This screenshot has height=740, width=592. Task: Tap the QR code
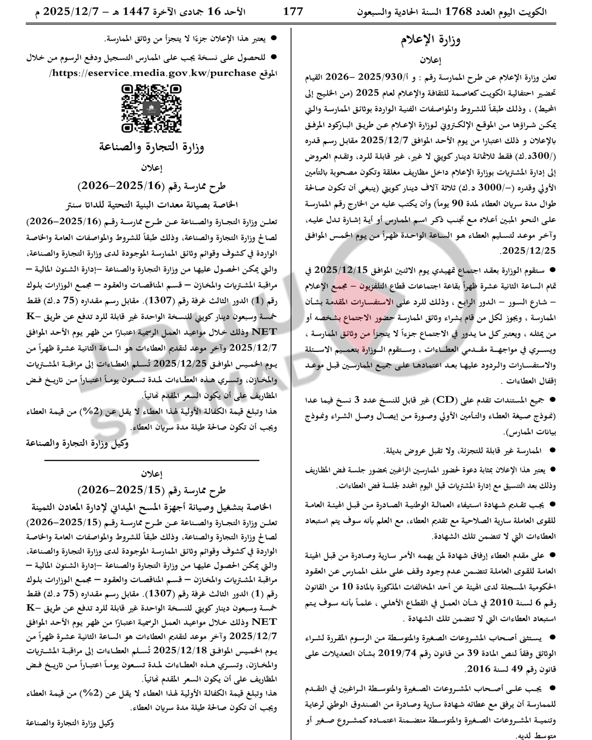pos(144,109)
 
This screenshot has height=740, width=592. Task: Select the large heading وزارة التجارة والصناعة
pos(151,146)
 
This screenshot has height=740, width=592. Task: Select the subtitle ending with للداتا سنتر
pos(151,204)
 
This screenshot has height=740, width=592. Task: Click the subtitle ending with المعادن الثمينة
pos(151,506)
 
